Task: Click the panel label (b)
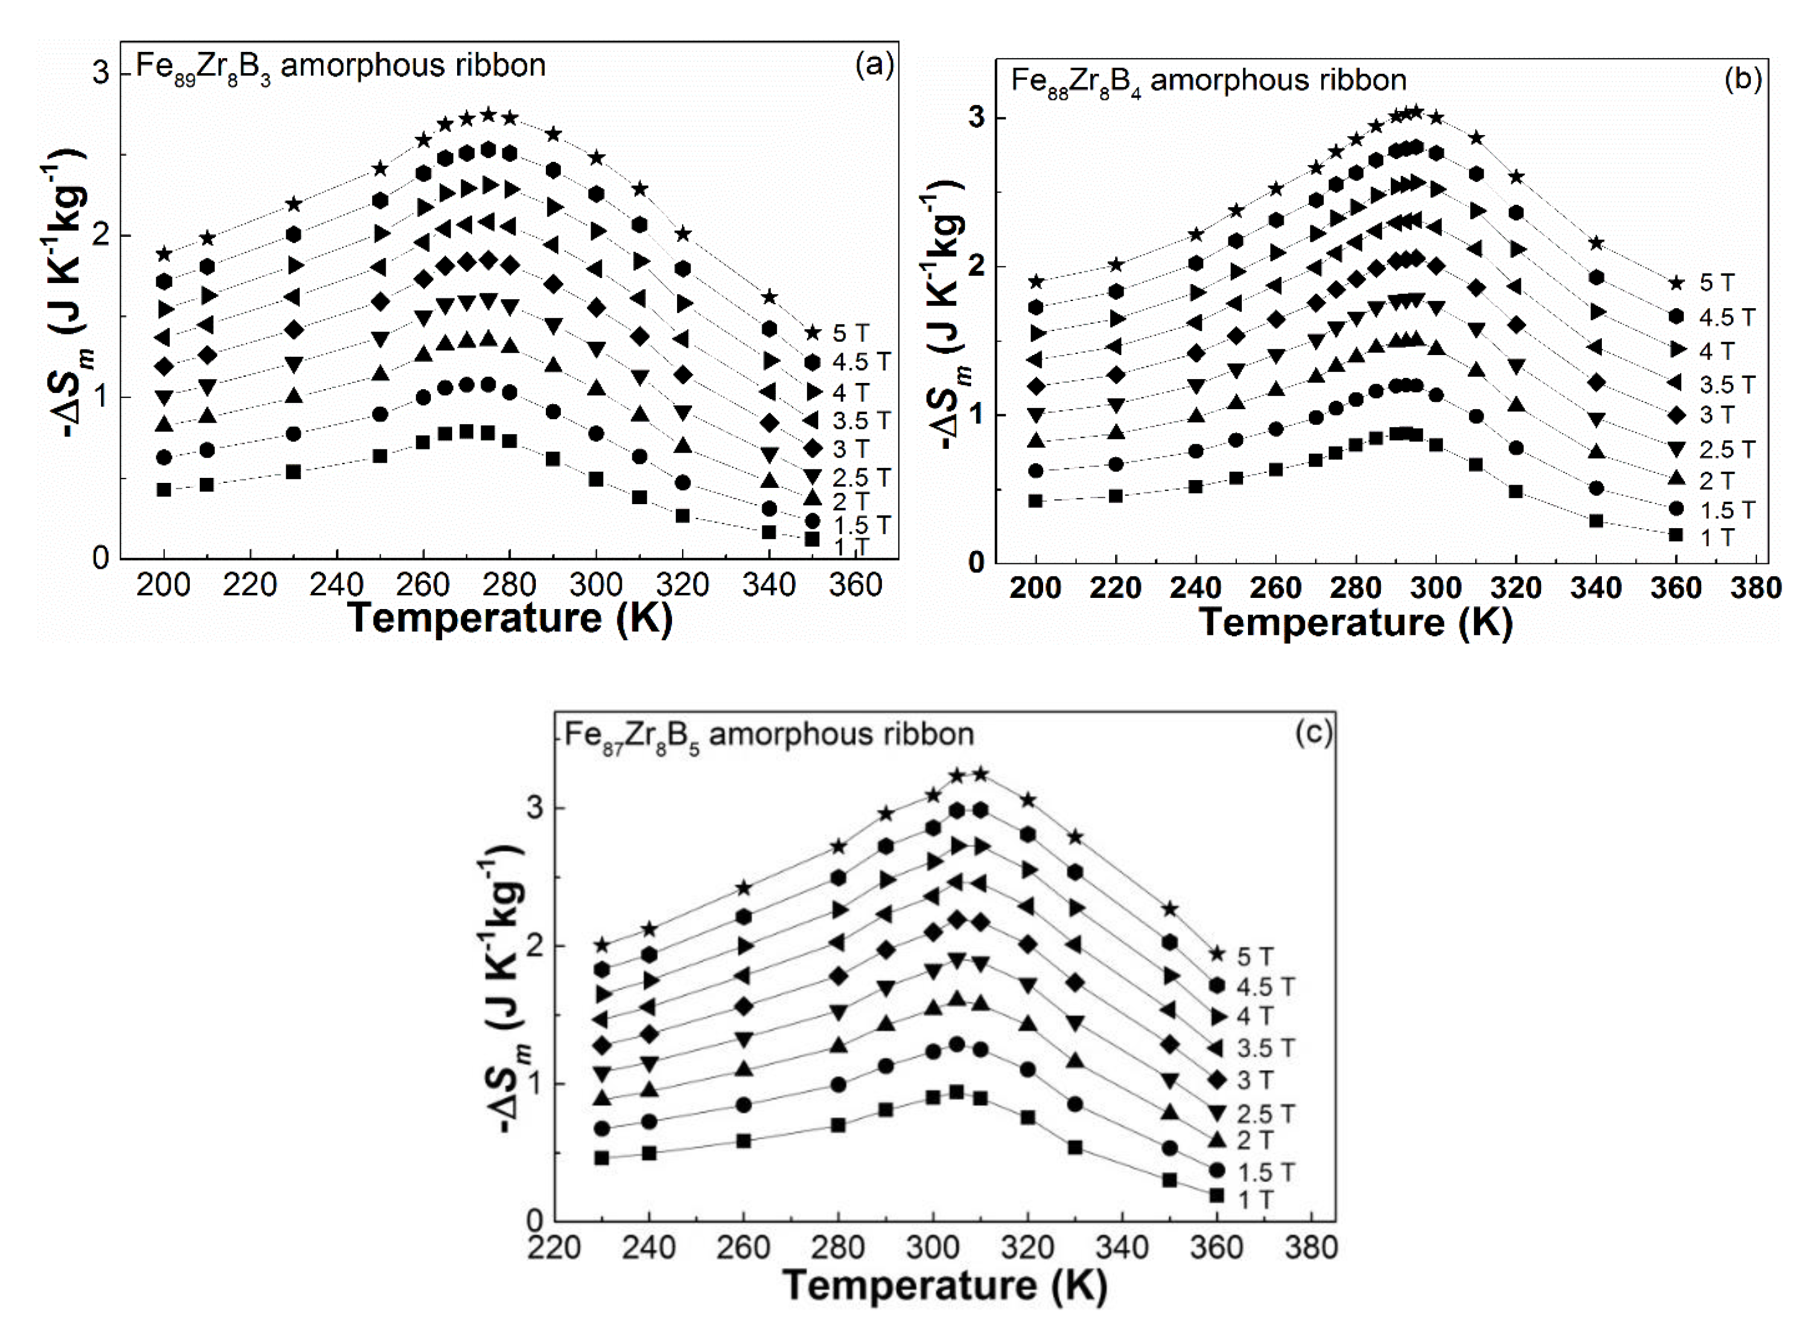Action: click(1743, 79)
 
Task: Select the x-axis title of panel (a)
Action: click(510, 619)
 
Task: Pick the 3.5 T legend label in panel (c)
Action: click(1265, 1048)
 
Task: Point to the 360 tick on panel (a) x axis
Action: click(855, 584)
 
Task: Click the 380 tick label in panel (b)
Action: click(1755, 588)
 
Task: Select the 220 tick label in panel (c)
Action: click(554, 1247)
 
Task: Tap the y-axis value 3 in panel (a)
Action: click(100, 74)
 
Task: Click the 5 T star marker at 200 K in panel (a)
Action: click(165, 255)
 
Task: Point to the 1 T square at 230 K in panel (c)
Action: click(601, 1158)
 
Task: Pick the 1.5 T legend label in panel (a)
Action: click(861, 525)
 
